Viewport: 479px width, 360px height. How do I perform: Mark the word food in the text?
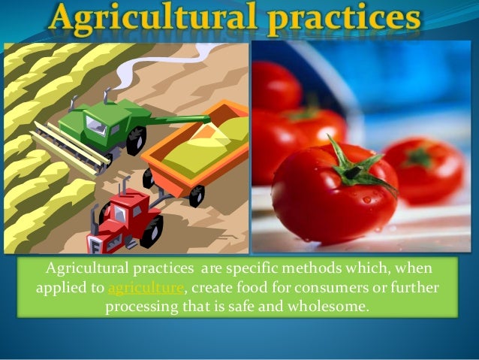[x=240, y=288]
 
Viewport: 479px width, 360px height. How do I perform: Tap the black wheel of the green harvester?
[x=136, y=140]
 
